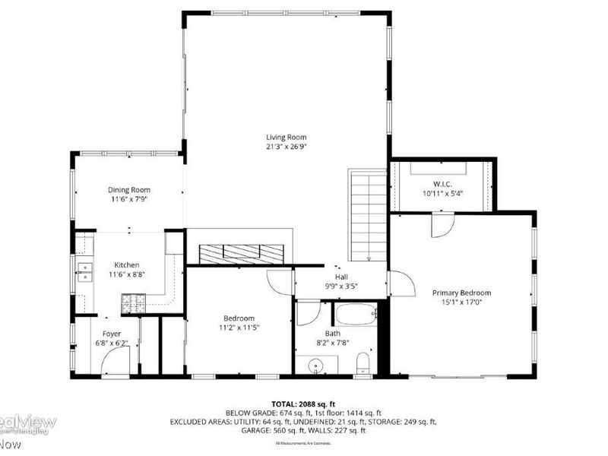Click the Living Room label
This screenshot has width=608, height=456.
pos(287,137)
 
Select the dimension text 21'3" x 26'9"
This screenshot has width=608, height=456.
pos(287,147)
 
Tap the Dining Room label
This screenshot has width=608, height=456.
pos(128,190)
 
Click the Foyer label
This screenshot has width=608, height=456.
pos(112,334)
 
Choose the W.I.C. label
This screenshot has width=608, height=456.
pos(442,183)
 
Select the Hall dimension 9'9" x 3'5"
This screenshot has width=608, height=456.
pos(341,286)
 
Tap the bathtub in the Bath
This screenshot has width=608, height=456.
pos(356,313)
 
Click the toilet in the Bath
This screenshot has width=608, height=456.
pos(363,363)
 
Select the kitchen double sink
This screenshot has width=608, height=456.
pos(84,271)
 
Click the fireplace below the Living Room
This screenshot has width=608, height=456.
pos(239,252)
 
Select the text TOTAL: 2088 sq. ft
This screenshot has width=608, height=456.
pos(304,403)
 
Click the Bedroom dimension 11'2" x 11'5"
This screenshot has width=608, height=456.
pos(239,328)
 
